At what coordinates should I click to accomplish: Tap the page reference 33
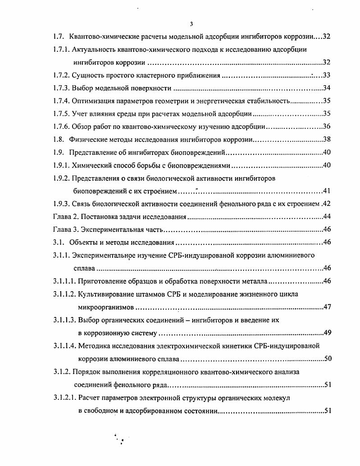(327, 75)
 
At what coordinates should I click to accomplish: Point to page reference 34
(327, 88)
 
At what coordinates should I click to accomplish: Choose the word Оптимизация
(94, 101)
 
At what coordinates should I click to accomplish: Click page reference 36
(327, 127)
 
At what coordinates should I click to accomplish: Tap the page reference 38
(327, 140)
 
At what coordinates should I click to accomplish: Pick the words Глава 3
(64, 230)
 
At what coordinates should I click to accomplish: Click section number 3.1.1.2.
(65, 294)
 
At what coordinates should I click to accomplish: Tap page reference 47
(327, 307)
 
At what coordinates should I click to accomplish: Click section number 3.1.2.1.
(65, 398)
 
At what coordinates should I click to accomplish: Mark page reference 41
(327, 191)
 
